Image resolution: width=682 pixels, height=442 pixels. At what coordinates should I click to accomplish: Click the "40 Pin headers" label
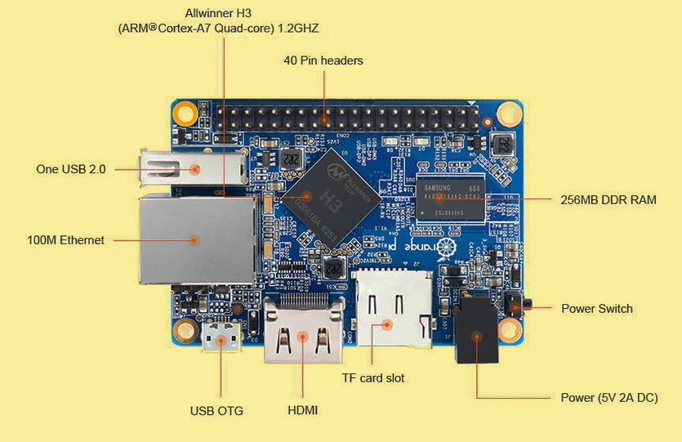coord(323,60)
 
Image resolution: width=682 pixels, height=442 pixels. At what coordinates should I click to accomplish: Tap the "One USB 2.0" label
coord(70,169)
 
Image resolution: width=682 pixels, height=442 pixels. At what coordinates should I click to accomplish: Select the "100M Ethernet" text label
coord(65,240)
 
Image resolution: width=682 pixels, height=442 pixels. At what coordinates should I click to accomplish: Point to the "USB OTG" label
coord(216,410)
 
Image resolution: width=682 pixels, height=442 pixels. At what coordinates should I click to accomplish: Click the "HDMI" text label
coord(302,410)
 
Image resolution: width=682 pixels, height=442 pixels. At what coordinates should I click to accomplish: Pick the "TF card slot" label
coord(373,378)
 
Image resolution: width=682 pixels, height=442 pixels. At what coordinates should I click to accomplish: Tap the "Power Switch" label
coord(596,309)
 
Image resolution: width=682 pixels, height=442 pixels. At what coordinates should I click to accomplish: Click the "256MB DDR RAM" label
coord(608,199)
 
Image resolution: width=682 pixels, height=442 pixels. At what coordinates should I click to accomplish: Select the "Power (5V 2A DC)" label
coord(608,398)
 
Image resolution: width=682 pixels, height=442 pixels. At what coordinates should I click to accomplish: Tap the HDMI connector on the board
coord(302,333)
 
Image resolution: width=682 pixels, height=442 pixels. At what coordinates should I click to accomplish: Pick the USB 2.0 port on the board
coord(194,168)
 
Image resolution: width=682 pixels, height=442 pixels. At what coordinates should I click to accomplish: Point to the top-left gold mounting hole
coord(187,108)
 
